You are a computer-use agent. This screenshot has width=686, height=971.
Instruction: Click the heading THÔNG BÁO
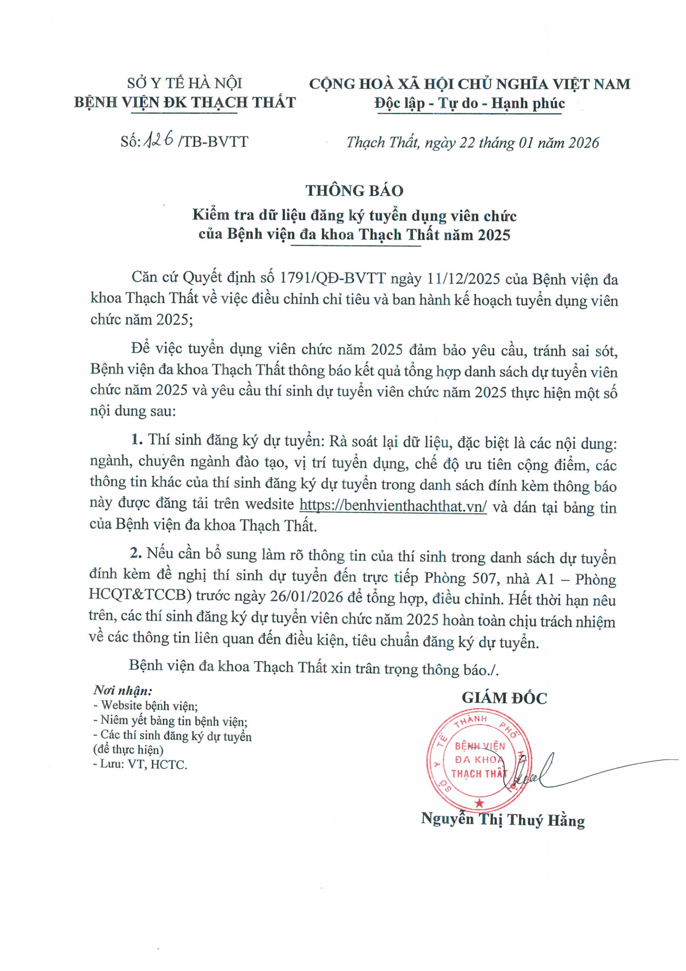pos(354,191)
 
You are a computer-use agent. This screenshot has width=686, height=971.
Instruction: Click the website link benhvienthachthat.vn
pos(393,505)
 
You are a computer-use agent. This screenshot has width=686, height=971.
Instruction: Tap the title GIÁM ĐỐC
pos(504,698)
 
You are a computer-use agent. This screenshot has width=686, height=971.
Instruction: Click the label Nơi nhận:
pos(122,691)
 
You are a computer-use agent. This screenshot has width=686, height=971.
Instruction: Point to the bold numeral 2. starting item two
pos(135,553)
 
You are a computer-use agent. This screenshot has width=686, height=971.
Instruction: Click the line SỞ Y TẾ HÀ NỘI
pos(185,83)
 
